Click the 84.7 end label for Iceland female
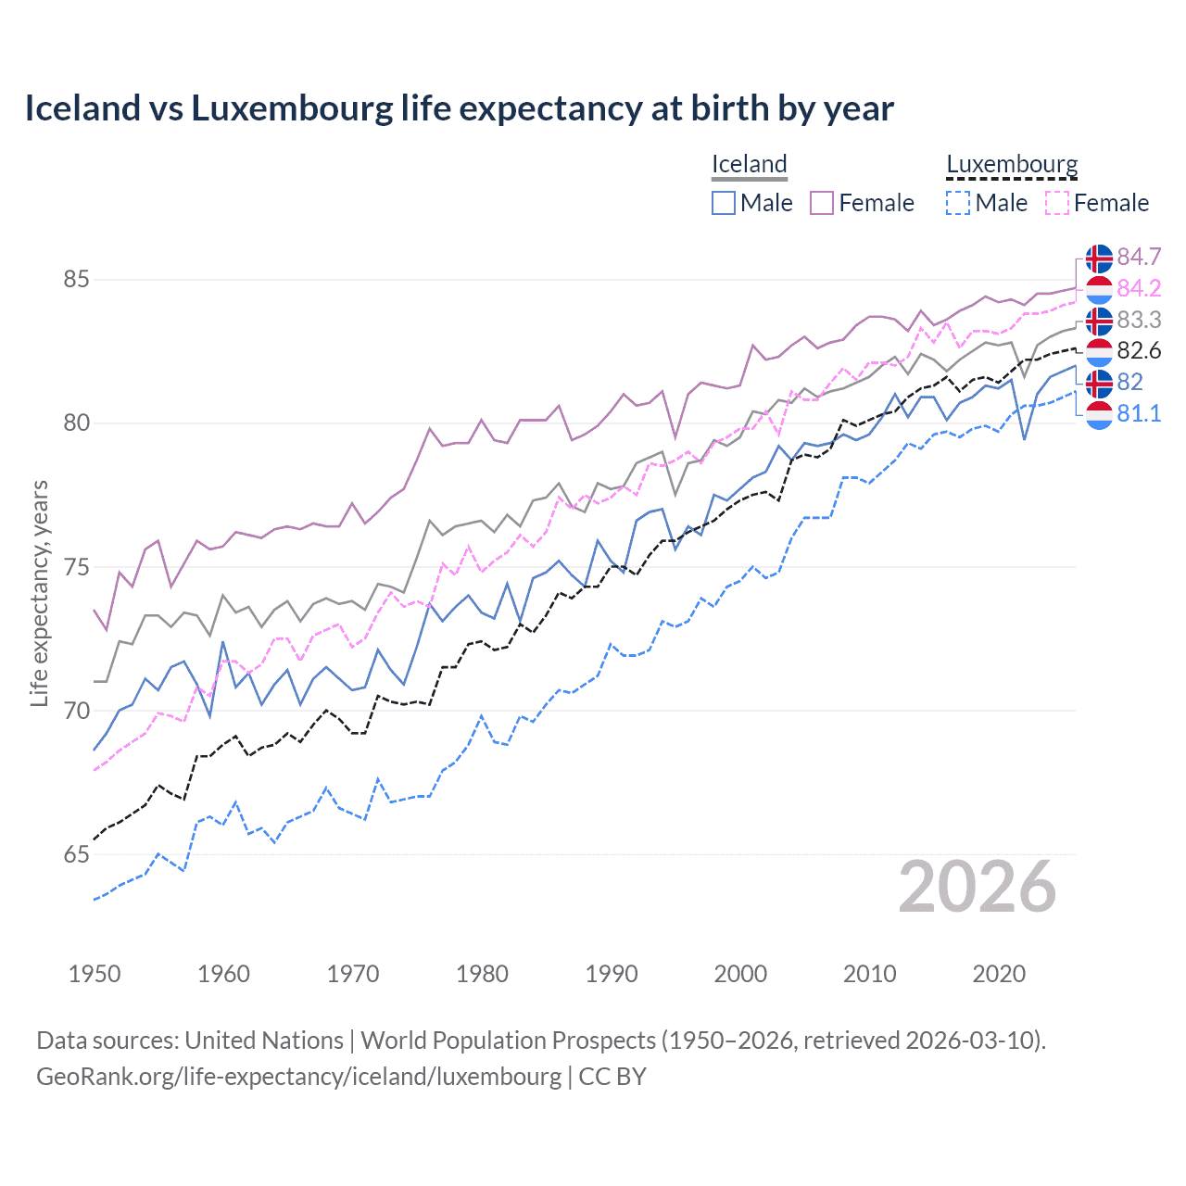tap(1139, 257)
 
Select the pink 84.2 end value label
tap(1139, 288)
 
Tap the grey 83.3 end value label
tap(1139, 320)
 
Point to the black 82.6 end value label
tap(1139, 350)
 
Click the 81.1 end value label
tap(1139, 413)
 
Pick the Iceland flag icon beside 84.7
tap(1099, 258)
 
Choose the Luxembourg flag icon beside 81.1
tap(1099, 414)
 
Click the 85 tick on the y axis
tap(77, 279)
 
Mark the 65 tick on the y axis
tap(77, 854)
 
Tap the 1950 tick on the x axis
tap(95, 974)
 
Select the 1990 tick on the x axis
tap(612, 974)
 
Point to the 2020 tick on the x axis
tap(999, 974)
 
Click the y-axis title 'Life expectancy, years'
tap(39, 593)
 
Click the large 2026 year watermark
tap(978, 887)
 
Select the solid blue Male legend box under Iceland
tap(724, 203)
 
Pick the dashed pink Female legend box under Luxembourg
tap(1057, 203)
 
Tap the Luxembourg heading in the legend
tap(1012, 165)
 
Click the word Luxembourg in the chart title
tap(292, 108)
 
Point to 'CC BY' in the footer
tap(612, 1077)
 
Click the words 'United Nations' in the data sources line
tap(264, 1041)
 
